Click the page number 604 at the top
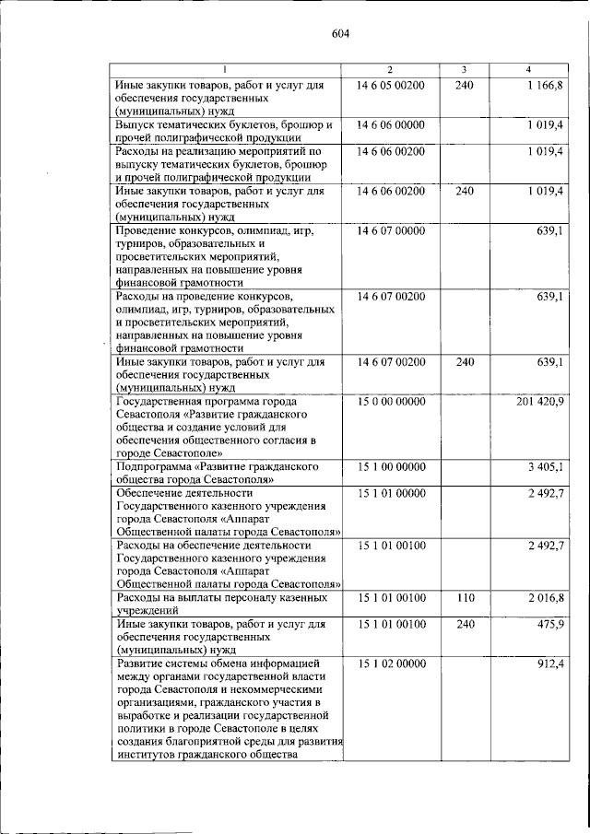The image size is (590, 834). coord(340,35)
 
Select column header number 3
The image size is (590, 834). coord(465,70)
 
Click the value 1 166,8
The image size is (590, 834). coord(545,86)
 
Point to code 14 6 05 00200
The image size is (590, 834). coord(390,86)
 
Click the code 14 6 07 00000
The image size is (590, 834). coord(390,231)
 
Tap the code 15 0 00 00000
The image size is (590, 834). coord(390,403)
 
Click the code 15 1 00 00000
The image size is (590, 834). coord(390,468)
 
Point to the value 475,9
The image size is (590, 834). coord(549,625)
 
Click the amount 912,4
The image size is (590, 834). coord(549,664)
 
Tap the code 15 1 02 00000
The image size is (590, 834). coord(390,664)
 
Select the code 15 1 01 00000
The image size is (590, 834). coord(390,494)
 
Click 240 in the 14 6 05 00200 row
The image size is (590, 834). coord(465,86)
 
